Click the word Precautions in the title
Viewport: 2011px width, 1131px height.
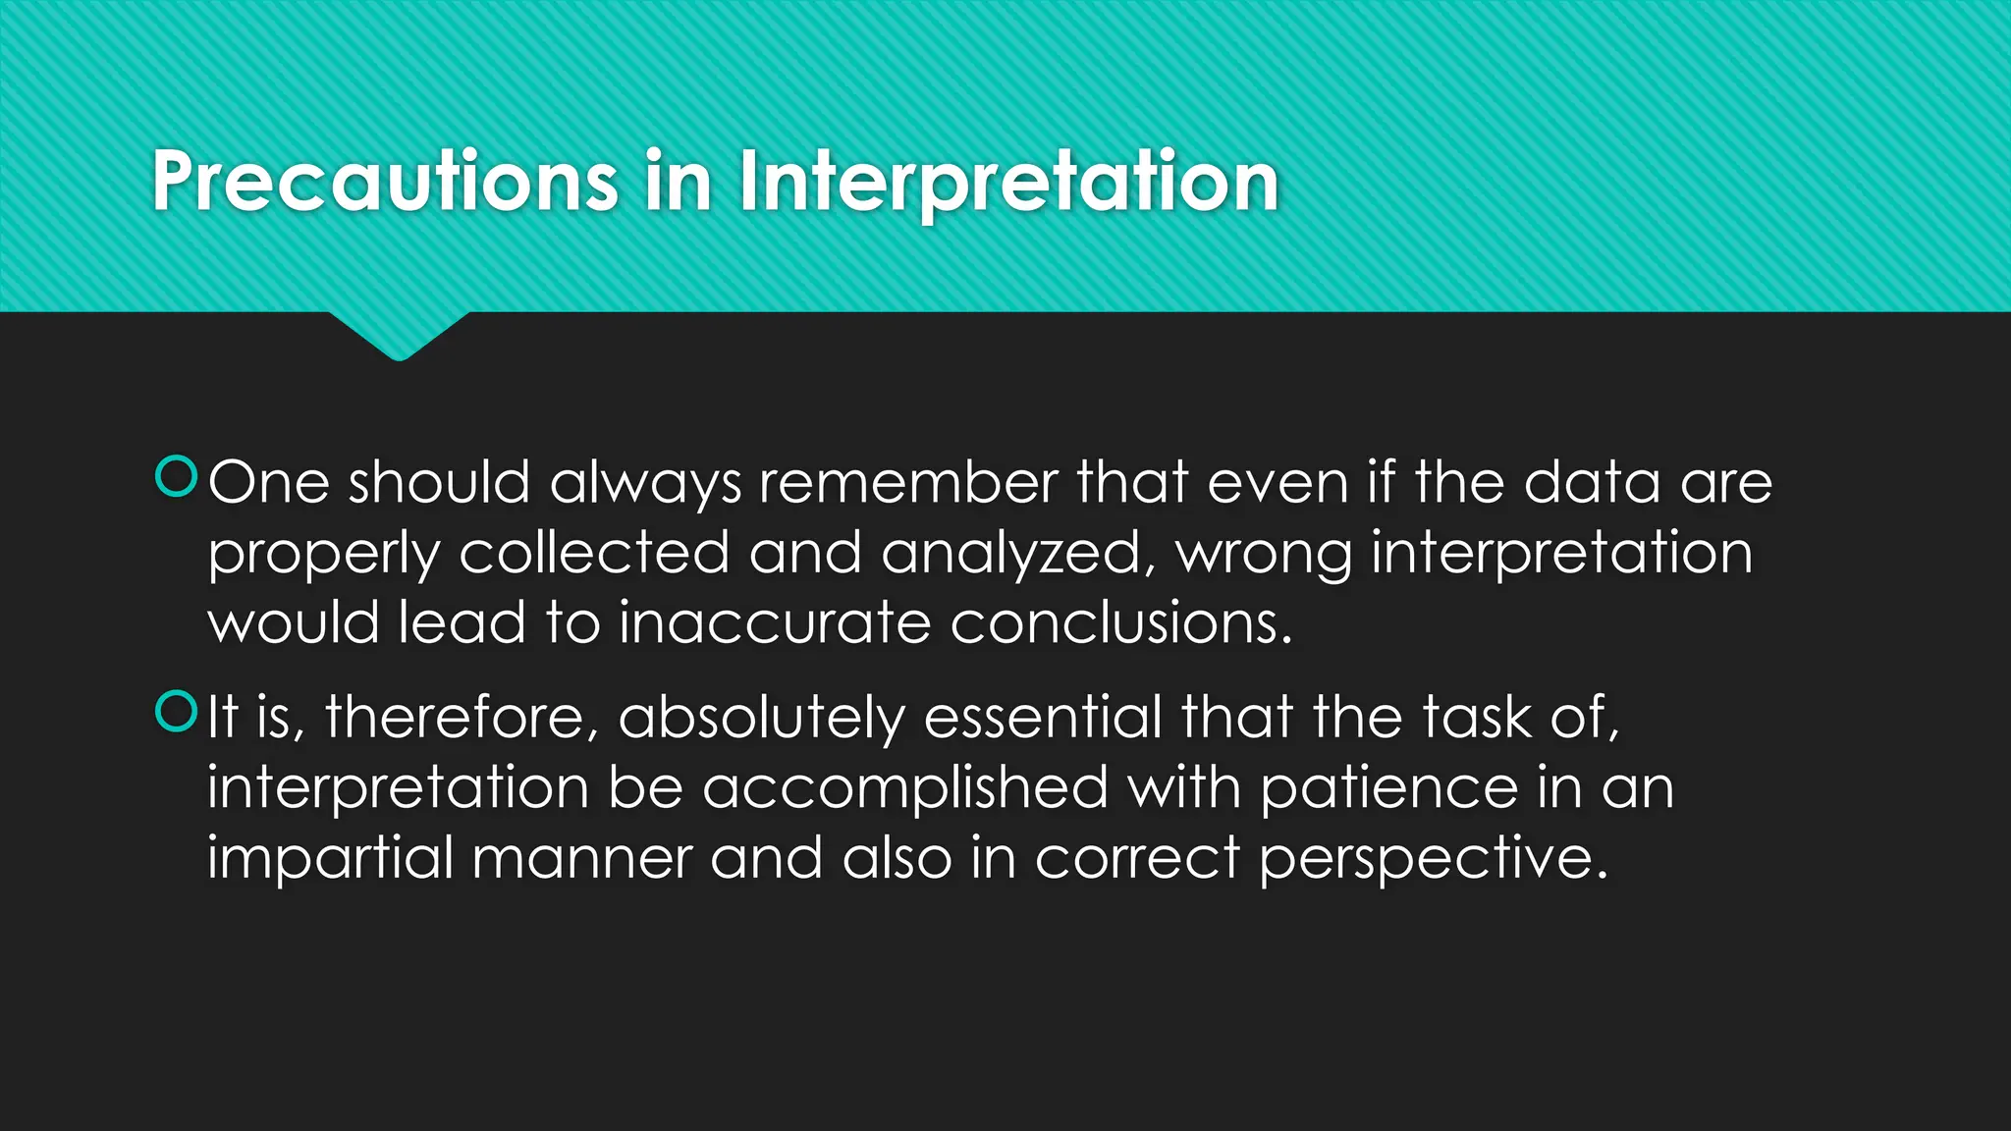(384, 182)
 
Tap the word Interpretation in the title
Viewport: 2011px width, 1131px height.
(1008, 182)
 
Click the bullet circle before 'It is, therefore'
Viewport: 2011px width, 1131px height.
(177, 711)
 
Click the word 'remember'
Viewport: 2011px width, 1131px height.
(907, 483)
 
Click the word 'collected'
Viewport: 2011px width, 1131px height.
(594, 553)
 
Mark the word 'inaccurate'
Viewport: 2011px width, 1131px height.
(775, 623)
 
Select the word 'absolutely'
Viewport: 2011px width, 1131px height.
(761, 719)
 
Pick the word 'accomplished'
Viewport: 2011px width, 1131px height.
(905, 789)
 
